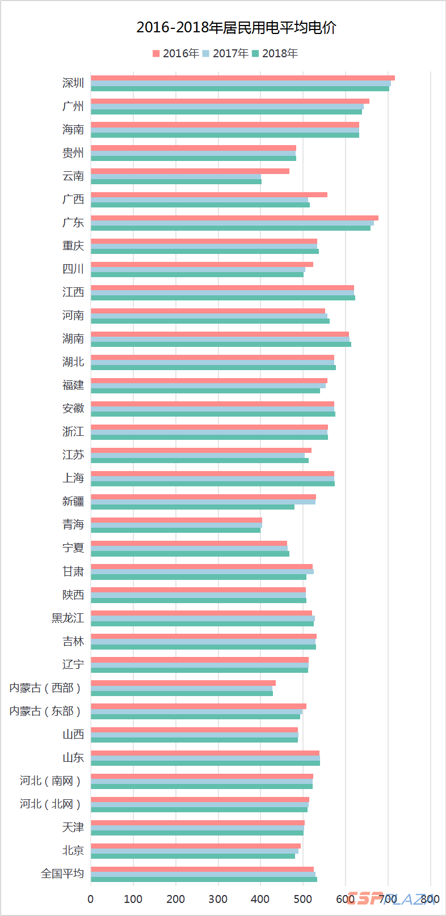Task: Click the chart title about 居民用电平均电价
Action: pyautogui.click(x=236, y=28)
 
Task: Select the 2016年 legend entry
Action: pyautogui.click(x=176, y=53)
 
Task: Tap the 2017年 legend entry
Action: pyautogui.click(x=225, y=53)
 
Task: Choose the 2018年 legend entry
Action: pyautogui.click(x=275, y=53)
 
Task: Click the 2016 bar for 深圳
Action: pyautogui.click(x=242, y=78)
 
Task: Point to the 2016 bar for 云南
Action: pyautogui.click(x=190, y=171)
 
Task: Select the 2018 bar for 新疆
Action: pyautogui.click(x=192, y=507)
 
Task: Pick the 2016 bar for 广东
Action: pyautogui.click(x=234, y=218)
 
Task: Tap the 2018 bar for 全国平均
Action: pyautogui.click(x=204, y=879)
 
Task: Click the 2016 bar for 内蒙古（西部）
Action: pyautogui.click(x=183, y=683)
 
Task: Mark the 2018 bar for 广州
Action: pyautogui.click(x=226, y=112)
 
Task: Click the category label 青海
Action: pyautogui.click(x=73, y=525)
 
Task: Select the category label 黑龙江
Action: pyautogui.click(x=68, y=618)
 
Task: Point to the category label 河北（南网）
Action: pyautogui.click(x=51, y=781)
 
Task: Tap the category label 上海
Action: pyautogui.click(x=73, y=478)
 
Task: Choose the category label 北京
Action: pyautogui.click(x=73, y=851)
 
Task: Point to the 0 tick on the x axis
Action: pyautogui.click(x=91, y=899)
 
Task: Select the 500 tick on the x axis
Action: pyautogui.click(x=303, y=899)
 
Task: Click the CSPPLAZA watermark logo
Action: pyautogui.click(x=391, y=898)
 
